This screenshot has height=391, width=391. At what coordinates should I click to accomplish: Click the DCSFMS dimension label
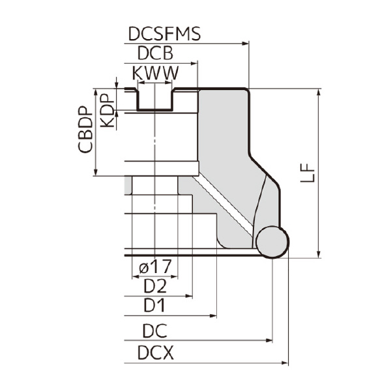[x=164, y=34]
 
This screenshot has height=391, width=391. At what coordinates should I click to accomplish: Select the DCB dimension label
[x=154, y=53]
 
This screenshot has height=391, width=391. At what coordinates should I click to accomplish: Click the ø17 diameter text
[x=155, y=266]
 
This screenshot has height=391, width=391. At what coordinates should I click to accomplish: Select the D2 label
[x=155, y=285]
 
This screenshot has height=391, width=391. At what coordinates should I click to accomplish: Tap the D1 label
[x=155, y=305]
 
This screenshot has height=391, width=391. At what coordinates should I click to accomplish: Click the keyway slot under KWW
[x=154, y=99]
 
